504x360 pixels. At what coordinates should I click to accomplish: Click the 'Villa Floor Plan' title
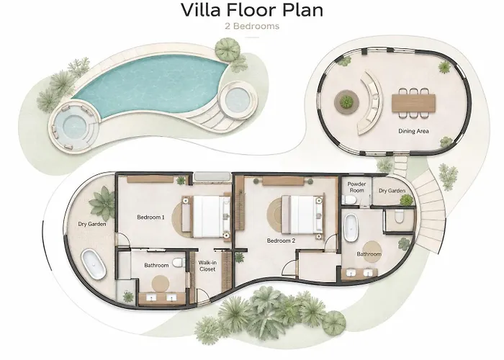click(x=252, y=10)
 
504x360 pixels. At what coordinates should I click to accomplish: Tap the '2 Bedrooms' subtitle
click(x=252, y=26)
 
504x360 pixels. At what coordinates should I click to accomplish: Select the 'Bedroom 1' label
click(x=150, y=217)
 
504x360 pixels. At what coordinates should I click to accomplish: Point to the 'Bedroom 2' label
click(x=281, y=240)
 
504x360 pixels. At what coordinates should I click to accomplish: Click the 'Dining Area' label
click(x=413, y=131)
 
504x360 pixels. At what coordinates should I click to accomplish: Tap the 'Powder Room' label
click(x=357, y=187)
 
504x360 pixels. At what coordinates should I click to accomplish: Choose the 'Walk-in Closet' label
click(x=207, y=266)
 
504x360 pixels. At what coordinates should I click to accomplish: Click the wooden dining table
click(x=413, y=103)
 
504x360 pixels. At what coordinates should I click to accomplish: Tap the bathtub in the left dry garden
click(x=93, y=265)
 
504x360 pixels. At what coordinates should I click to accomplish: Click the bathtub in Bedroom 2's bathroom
click(x=351, y=228)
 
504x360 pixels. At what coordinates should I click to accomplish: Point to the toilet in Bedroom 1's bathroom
click(x=179, y=263)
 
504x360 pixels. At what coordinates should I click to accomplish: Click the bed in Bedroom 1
click(x=206, y=217)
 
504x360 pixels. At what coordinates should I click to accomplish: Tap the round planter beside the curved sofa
click(x=346, y=102)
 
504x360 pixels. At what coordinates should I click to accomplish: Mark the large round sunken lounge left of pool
click(x=75, y=126)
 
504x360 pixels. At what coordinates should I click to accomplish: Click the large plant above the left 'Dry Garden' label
click(x=102, y=203)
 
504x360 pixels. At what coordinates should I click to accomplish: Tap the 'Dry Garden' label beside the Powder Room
click(x=392, y=191)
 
